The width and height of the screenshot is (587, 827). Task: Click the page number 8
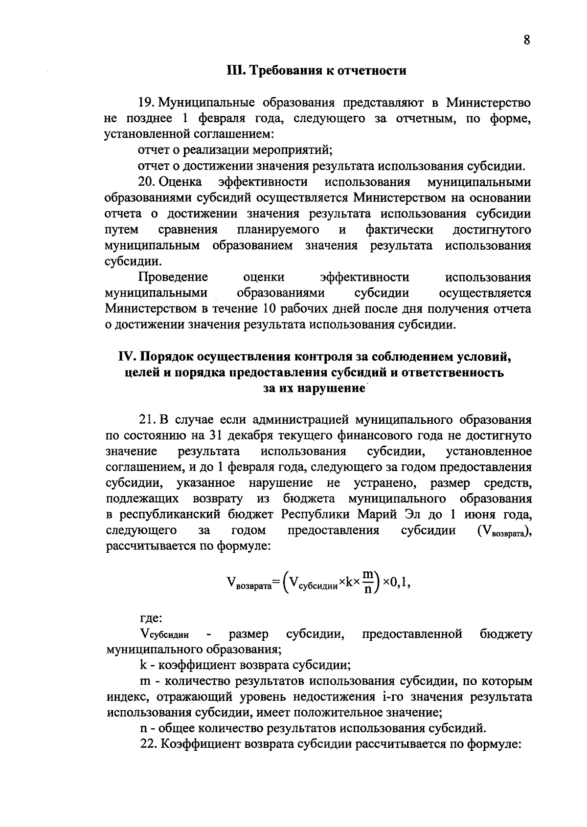coord(527,40)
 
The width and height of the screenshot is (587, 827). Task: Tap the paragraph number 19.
coord(146,103)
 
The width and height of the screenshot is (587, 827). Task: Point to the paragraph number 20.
coord(147,182)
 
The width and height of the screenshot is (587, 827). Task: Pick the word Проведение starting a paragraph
coord(173,278)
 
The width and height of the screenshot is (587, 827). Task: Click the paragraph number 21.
coord(147,420)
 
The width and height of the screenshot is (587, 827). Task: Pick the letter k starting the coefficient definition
coord(143,666)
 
